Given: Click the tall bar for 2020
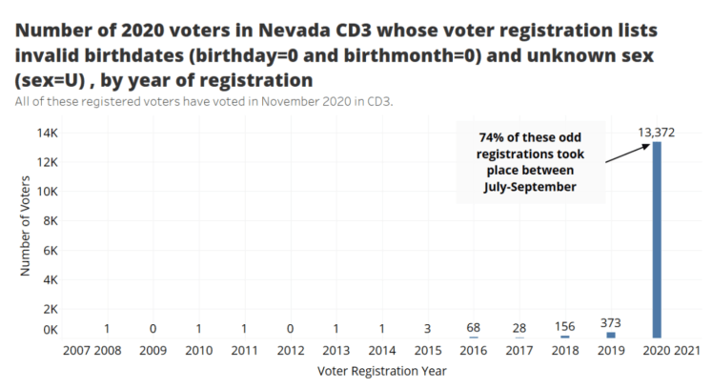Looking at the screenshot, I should coord(657,238).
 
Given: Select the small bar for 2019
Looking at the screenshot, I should coord(611,335).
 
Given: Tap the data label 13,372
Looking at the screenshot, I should coord(657,132).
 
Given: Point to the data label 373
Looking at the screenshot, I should coord(611,322).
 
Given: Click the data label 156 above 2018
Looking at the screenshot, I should coord(564,325).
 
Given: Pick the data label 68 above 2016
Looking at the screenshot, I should coord(473,327).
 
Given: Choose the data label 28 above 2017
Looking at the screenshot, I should coord(519,328).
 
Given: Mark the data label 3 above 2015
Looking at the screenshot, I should coord(427,328).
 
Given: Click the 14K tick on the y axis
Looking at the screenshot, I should coord(48,133).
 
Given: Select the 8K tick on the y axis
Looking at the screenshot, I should coord(51,220).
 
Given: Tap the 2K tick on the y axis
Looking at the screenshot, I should coord(51,309).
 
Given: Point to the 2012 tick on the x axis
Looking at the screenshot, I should coord(291,351).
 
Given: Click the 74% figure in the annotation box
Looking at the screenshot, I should coord(482,136).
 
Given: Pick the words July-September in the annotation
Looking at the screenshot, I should coord(529,187).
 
